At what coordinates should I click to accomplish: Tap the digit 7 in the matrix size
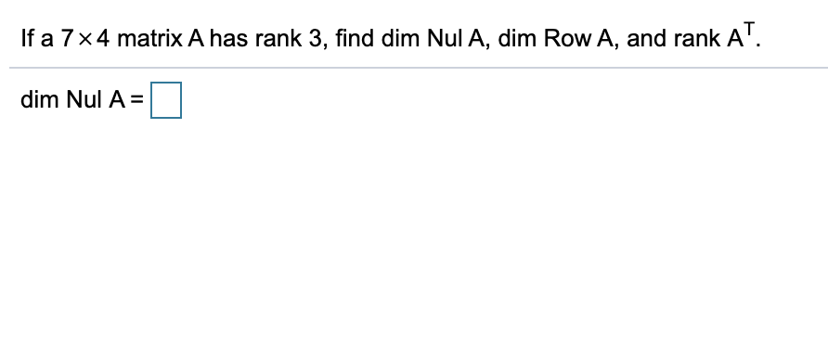(66, 41)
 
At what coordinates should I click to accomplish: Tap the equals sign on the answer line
(144, 100)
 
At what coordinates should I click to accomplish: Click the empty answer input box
(166, 100)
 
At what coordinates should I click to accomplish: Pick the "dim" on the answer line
(40, 100)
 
